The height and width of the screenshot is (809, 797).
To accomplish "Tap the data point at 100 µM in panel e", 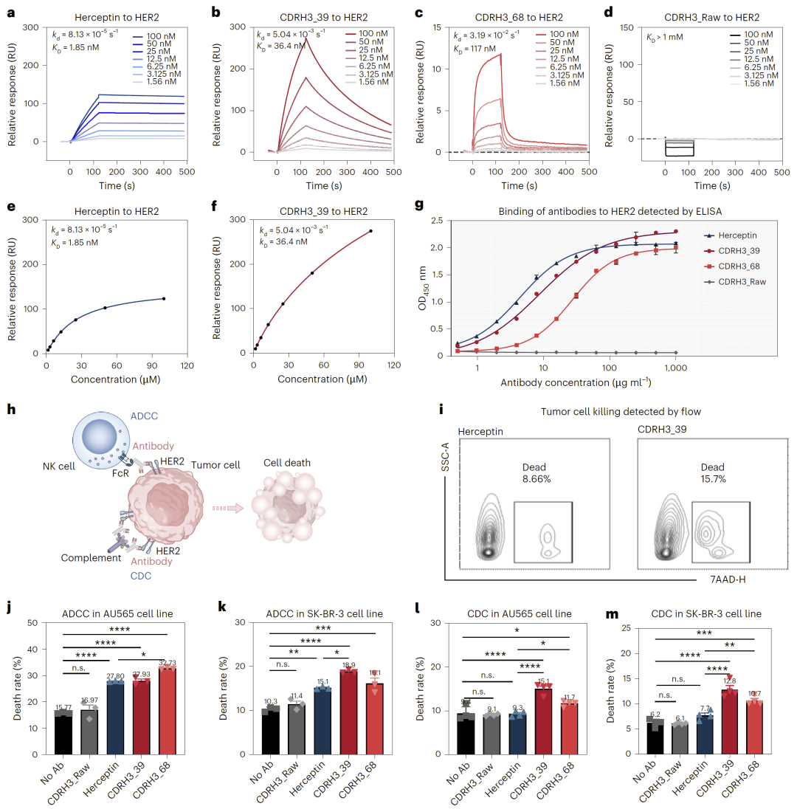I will coord(164,298).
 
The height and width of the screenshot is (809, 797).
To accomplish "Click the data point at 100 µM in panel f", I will coord(370,231).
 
